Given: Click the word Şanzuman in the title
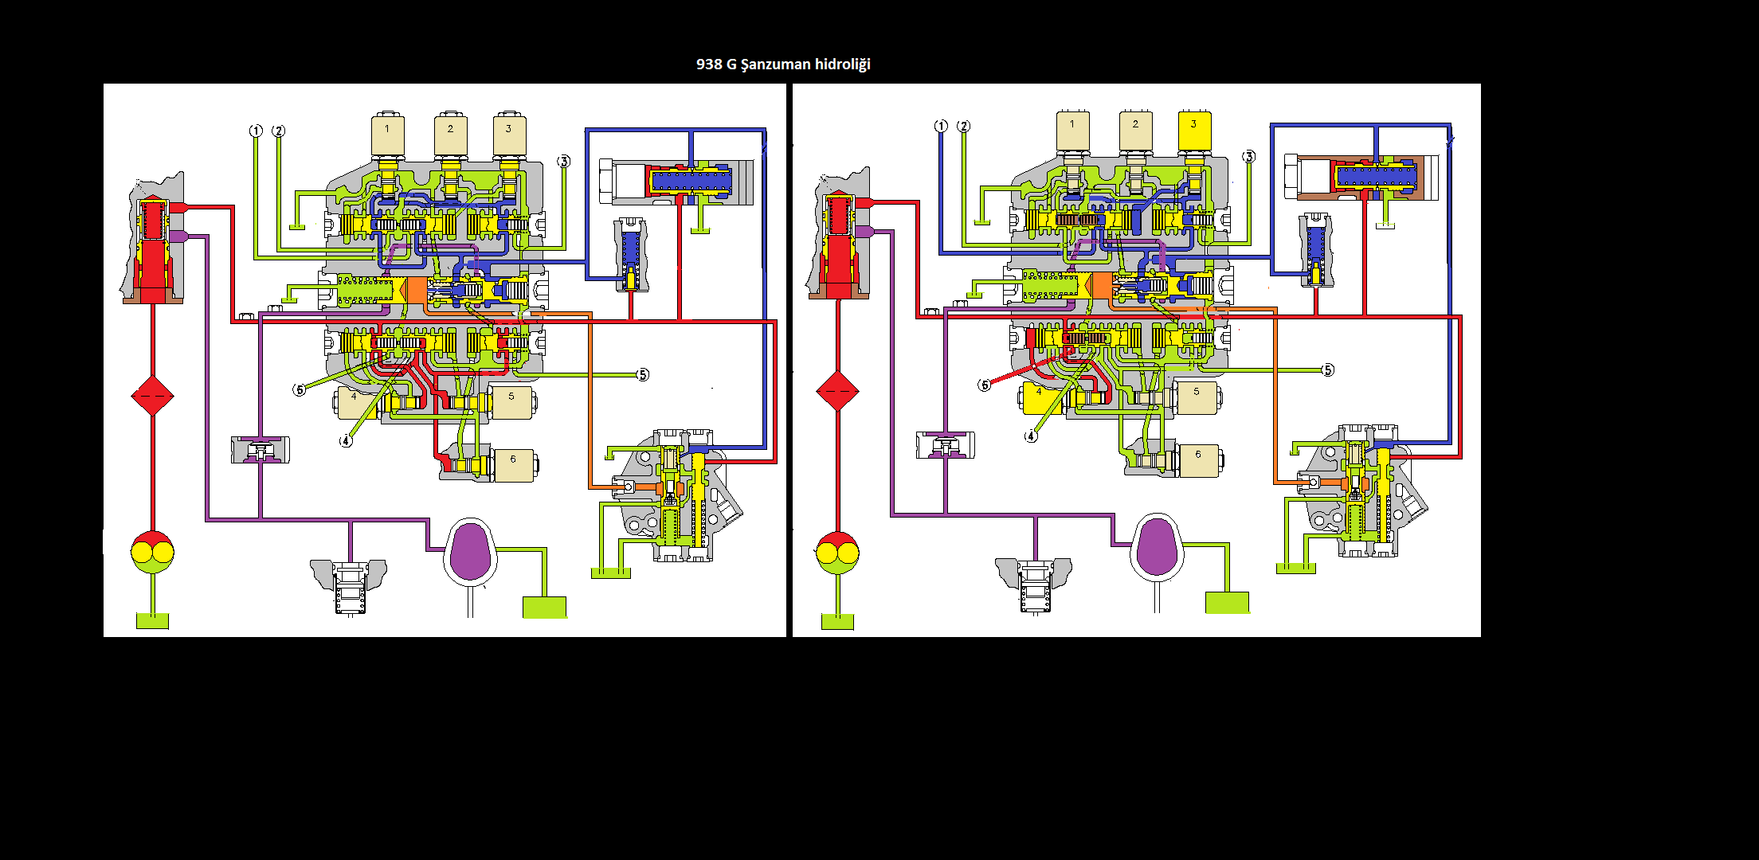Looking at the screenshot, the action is [x=776, y=64].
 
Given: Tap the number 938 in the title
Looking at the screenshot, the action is [x=709, y=64].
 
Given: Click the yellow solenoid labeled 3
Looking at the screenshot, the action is [x=1194, y=131].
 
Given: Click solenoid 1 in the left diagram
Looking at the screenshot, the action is [x=388, y=135].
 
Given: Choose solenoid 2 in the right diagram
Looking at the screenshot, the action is [x=1135, y=131].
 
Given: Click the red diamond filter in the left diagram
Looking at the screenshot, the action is [x=152, y=396].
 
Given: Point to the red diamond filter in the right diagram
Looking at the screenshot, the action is [x=837, y=391].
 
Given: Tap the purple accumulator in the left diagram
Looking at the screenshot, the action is [x=471, y=551].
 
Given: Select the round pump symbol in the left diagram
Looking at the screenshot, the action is [x=152, y=552].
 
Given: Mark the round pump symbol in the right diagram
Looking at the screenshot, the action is [x=837, y=552].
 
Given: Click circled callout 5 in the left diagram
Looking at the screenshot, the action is [x=642, y=375].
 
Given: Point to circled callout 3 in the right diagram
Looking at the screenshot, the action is [x=1248, y=157].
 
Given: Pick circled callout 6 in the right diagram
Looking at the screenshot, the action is [x=985, y=385].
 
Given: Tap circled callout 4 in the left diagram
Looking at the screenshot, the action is [x=346, y=441].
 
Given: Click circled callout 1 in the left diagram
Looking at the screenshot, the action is [x=256, y=131].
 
